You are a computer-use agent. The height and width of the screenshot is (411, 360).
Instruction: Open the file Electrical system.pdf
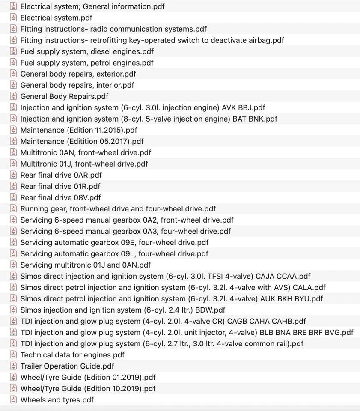pos(56,18)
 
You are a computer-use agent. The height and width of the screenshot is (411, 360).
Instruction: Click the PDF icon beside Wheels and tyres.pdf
pos(13,400)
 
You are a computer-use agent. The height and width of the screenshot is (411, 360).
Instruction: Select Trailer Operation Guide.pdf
pos(67,366)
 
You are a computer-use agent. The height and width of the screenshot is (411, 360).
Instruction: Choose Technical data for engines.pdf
pos(72,355)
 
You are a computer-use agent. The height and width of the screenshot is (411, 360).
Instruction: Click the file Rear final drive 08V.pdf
pos(60,197)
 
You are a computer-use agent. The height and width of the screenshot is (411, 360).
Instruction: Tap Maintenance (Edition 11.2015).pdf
pos(79,130)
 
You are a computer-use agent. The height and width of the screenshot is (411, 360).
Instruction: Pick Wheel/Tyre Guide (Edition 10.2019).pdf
pos(88,389)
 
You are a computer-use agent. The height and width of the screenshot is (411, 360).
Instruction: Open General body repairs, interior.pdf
pos(77,85)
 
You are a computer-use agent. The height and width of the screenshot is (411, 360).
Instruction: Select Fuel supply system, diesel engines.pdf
pos(87,51)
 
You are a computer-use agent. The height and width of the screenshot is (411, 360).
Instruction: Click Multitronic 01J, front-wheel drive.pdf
pos(84,164)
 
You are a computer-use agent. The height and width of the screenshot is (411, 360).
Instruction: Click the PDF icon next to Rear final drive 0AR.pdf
pos(13,175)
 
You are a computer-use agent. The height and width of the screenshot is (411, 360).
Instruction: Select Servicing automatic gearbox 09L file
pos(114,254)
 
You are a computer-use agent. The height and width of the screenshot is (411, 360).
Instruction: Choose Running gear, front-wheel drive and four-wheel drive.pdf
pos(118,209)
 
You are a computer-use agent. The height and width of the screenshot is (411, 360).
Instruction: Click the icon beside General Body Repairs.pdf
pos(13,96)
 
